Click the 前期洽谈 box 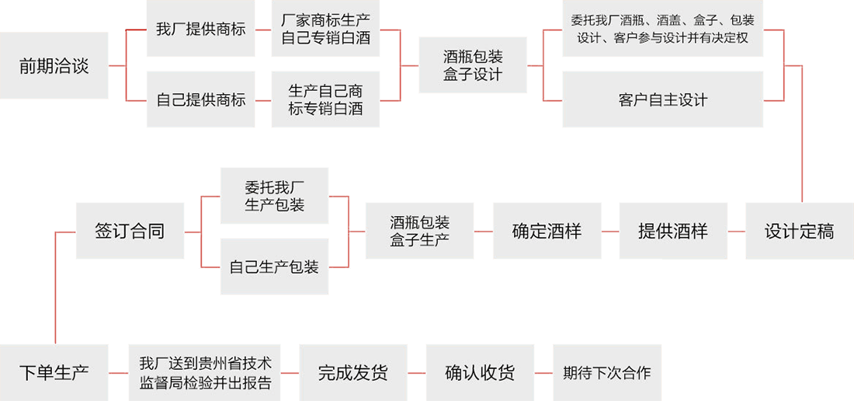54,66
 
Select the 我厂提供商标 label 200,30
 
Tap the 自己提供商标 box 200,99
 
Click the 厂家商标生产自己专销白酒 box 325,30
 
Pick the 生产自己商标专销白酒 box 325,100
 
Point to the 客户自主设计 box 662,99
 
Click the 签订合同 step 130,231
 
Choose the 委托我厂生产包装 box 274,197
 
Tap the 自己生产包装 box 274,267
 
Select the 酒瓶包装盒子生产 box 419,231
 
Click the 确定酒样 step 547,231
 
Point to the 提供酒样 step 672,231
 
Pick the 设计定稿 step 799,231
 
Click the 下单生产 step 54,372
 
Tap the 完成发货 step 352,372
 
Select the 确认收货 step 479,372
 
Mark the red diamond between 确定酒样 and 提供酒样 610,232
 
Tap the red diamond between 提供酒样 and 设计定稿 737,232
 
